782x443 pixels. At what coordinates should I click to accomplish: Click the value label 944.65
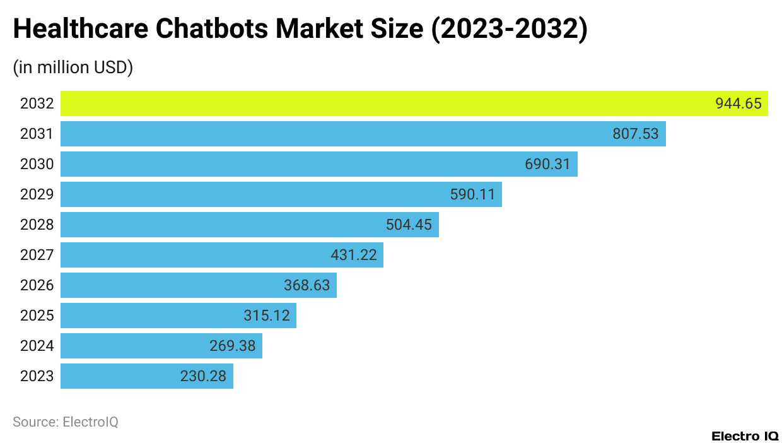pos(738,103)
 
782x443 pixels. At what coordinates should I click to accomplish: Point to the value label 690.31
pos(547,165)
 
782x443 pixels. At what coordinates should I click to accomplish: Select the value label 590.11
pos(472,194)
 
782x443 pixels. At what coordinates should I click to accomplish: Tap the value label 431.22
pos(354,255)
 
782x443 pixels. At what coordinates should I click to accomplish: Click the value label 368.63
pos(306,285)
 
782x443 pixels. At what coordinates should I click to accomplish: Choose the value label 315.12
pos(267,316)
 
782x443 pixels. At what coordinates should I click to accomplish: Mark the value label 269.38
pos(233,346)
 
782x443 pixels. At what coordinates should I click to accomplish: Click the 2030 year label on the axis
pos(37,165)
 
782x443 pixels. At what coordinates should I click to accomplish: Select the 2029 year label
pos(37,194)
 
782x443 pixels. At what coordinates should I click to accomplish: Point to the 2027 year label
pos(37,255)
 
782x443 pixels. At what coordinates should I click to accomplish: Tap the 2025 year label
pos(37,316)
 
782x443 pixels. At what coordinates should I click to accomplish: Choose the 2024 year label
pos(37,346)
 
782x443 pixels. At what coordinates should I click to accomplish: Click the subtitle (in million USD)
pos(73,68)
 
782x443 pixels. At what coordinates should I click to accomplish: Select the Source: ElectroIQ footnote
pos(66,422)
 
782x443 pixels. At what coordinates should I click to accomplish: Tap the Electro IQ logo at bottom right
pos(745,436)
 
